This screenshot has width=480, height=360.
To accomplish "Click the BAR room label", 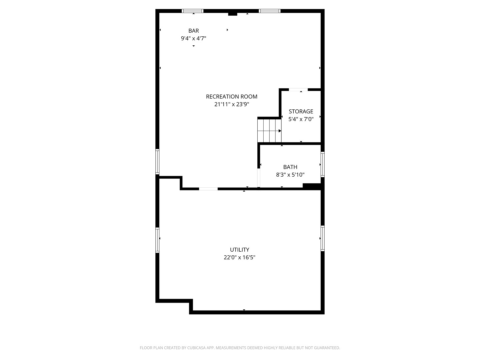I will pos(193,31).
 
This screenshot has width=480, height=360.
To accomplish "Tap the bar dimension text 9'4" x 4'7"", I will pos(193,38).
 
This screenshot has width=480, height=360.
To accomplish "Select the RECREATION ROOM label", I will pos(232,97).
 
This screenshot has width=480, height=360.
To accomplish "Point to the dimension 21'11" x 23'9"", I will pos(232,104).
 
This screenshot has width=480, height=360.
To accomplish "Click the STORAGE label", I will pos(301,111).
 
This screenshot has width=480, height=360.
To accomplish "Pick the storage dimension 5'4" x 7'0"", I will pos(301,119).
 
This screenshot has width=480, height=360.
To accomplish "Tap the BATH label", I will pos(290,167).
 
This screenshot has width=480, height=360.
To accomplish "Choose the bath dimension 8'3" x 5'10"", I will pos(290,175).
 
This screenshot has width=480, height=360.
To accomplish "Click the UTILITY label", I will pos(240,250).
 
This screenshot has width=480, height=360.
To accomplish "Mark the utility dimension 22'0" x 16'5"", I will pos(240,257).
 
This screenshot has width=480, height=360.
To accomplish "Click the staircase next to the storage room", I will pos(269,130).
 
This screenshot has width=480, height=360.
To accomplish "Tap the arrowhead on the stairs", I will pos(280,131).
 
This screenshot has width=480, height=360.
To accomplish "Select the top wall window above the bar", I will pos(193,11).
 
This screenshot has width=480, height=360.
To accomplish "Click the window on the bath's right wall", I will pos(323,164).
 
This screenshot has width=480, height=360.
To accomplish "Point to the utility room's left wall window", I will pos(157,240).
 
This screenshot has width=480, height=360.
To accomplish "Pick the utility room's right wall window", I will pos(323,238).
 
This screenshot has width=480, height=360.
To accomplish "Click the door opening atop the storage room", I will pos(298,89).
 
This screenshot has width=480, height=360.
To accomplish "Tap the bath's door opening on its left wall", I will pos(259,178).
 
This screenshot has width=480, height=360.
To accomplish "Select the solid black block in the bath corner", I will pos(312,186).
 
